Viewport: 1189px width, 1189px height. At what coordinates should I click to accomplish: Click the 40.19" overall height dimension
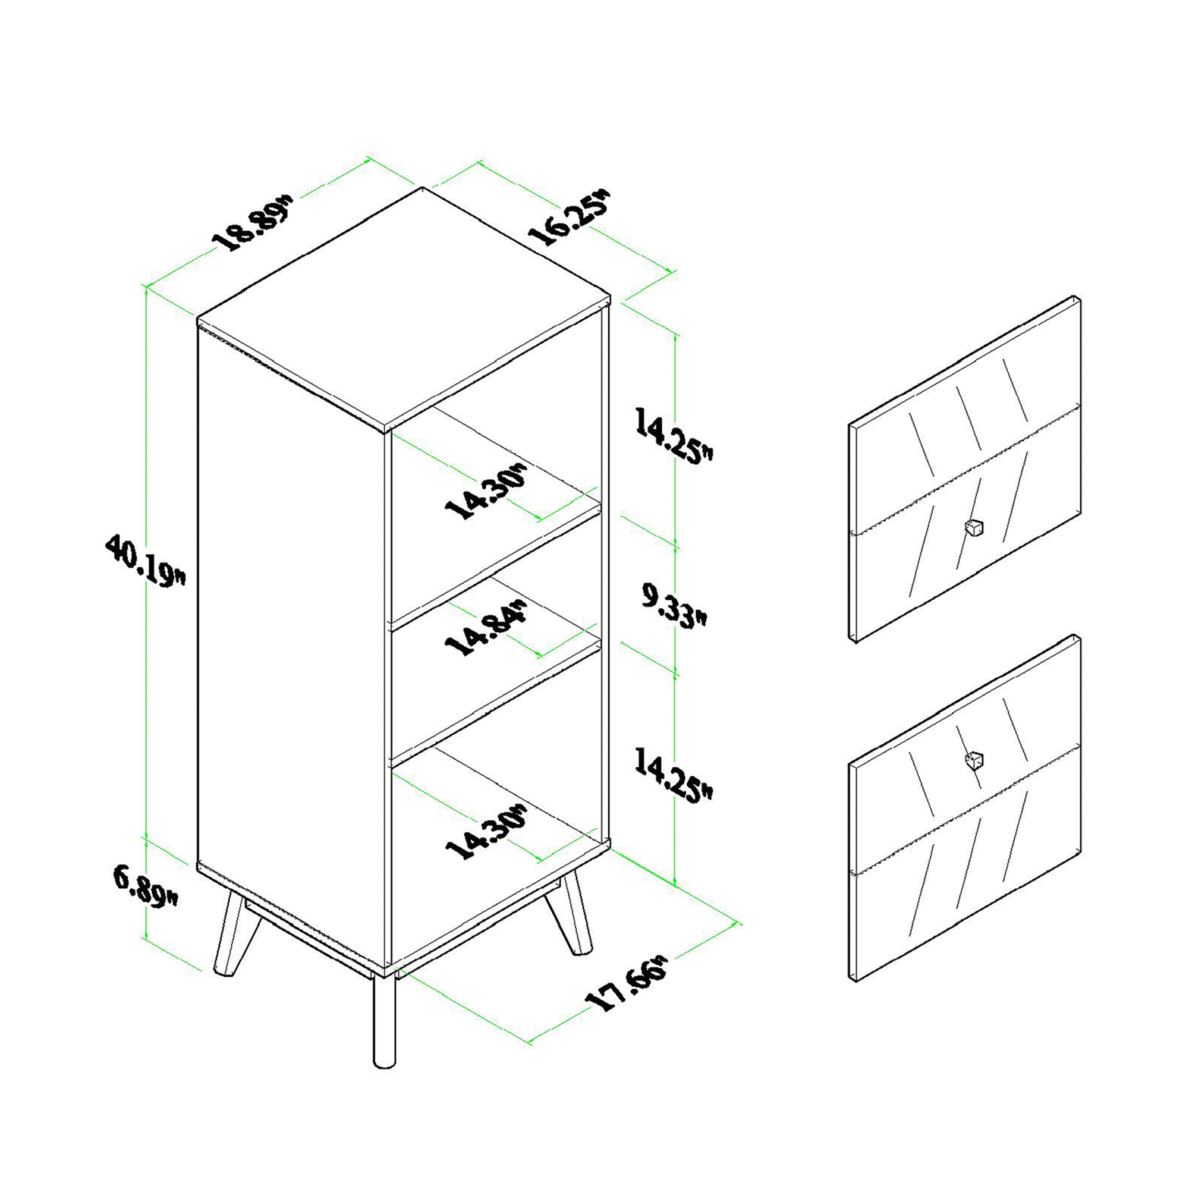(145, 561)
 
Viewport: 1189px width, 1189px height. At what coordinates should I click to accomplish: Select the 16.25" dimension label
(569, 217)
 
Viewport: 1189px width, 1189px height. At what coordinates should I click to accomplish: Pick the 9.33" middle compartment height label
(675, 606)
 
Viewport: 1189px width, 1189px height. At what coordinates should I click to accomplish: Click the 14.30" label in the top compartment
(486, 492)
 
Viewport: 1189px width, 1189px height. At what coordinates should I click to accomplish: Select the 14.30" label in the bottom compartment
(486, 832)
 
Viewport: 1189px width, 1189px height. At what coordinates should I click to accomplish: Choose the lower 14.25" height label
(674, 776)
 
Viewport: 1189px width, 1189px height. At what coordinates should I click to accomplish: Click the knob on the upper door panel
(974, 527)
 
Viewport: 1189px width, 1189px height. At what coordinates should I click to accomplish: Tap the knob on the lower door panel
(974, 761)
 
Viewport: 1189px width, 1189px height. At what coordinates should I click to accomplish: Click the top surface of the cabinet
(404, 307)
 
